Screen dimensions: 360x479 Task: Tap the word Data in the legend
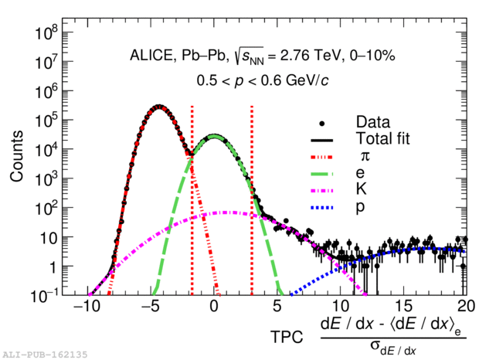[x=372, y=122]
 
